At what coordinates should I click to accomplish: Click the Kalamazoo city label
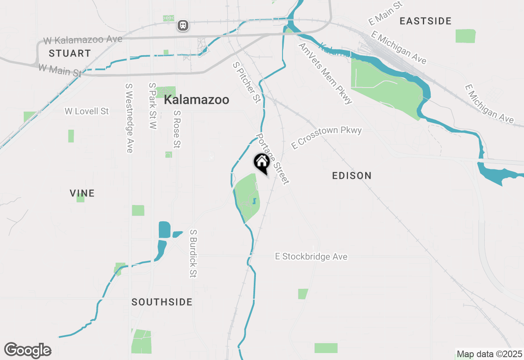click(196, 100)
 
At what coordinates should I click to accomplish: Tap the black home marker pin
click(262, 162)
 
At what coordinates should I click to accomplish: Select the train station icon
click(183, 25)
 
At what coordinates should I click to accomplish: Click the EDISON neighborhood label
click(352, 175)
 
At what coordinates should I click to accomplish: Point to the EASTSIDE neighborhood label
click(425, 21)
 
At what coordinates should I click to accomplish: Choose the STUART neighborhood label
click(70, 53)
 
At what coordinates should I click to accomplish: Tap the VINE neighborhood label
click(82, 193)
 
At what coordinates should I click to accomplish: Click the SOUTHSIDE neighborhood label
click(162, 302)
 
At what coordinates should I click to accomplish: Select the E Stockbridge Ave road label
click(311, 256)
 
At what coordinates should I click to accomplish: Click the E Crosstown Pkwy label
click(326, 137)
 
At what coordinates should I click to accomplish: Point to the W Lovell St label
click(87, 111)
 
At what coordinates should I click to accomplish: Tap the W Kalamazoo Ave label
click(83, 40)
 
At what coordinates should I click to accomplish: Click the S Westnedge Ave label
click(129, 118)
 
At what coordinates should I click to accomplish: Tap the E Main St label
click(386, 13)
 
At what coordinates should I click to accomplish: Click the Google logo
click(28, 350)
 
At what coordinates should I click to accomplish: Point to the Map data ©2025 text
click(489, 354)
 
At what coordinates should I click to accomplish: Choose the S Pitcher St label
click(246, 82)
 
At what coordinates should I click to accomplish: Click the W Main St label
click(60, 70)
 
